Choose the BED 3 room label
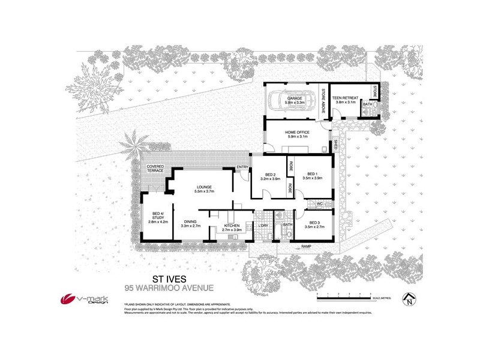coord(314,223)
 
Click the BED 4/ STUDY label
coord(155,216)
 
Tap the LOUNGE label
coord(203,186)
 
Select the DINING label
coord(190,221)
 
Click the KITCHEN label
coord(231,226)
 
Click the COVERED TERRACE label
coord(155,169)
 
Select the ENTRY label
coord(242,167)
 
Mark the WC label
coord(320,204)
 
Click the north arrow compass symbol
coord(409,298)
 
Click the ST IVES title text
coord(156,279)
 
